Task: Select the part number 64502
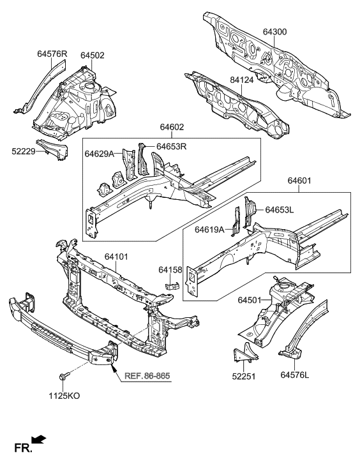93,56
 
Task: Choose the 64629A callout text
99,154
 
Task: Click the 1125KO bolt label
64,396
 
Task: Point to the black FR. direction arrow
39,438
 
